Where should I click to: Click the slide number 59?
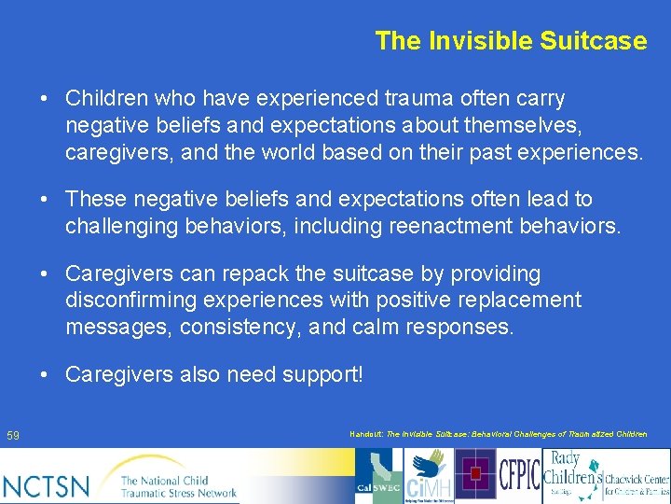13,436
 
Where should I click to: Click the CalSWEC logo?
378,476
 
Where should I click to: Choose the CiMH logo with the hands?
427,476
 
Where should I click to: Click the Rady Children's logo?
572,475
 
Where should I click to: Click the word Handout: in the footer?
366,435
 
